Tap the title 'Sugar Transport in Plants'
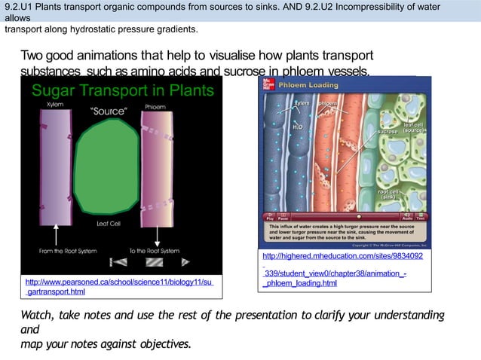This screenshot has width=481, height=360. (x=122, y=91)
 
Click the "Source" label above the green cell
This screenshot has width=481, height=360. (x=109, y=111)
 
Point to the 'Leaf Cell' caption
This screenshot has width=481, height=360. (x=110, y=224)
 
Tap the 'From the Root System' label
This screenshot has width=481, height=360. (x=66, y=251)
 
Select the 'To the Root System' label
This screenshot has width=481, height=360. (x=154, y=251)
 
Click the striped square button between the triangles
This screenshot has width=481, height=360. (x=154, y=262)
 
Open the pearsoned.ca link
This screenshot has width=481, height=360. (x=119, y=286)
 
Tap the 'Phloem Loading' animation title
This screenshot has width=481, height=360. (x=309, y=85)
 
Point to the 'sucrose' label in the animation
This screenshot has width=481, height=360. (x=388, y=132)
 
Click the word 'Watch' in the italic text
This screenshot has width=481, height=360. (x=41, y=316)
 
